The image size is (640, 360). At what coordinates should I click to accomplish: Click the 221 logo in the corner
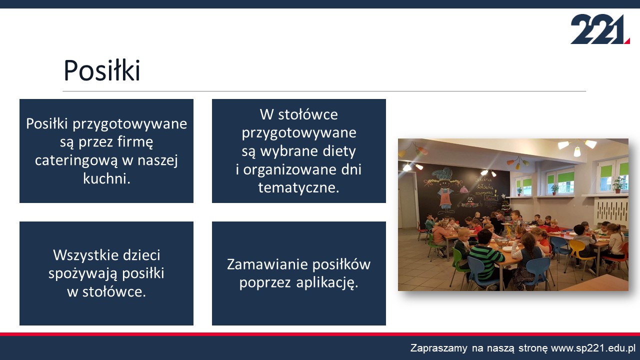click(600, 29)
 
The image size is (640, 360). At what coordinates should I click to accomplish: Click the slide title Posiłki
click(102, 70)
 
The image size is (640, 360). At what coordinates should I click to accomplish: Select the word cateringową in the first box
click(76, 160)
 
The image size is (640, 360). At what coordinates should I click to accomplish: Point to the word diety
click(339, 151)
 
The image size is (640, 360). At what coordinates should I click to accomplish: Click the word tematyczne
click(298, 187)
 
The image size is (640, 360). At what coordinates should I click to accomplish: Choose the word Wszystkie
click(82, 255)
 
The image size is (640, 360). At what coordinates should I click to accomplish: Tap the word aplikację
click(327, 283)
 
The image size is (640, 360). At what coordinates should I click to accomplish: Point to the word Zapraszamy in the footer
click(439, 348)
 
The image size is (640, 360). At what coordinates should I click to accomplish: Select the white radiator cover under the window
click(612, 210)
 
